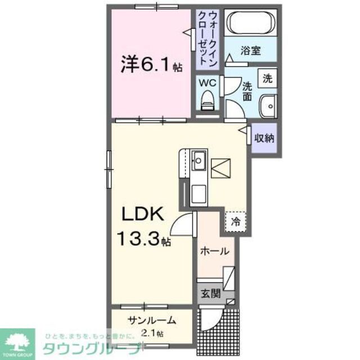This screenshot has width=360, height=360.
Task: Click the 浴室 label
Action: (x=251, y=51)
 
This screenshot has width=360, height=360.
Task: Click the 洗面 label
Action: (x=247, y=91)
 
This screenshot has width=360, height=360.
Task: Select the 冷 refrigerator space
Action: (x=236, y=221)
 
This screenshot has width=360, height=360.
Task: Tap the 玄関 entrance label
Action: (x=211, y=292)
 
